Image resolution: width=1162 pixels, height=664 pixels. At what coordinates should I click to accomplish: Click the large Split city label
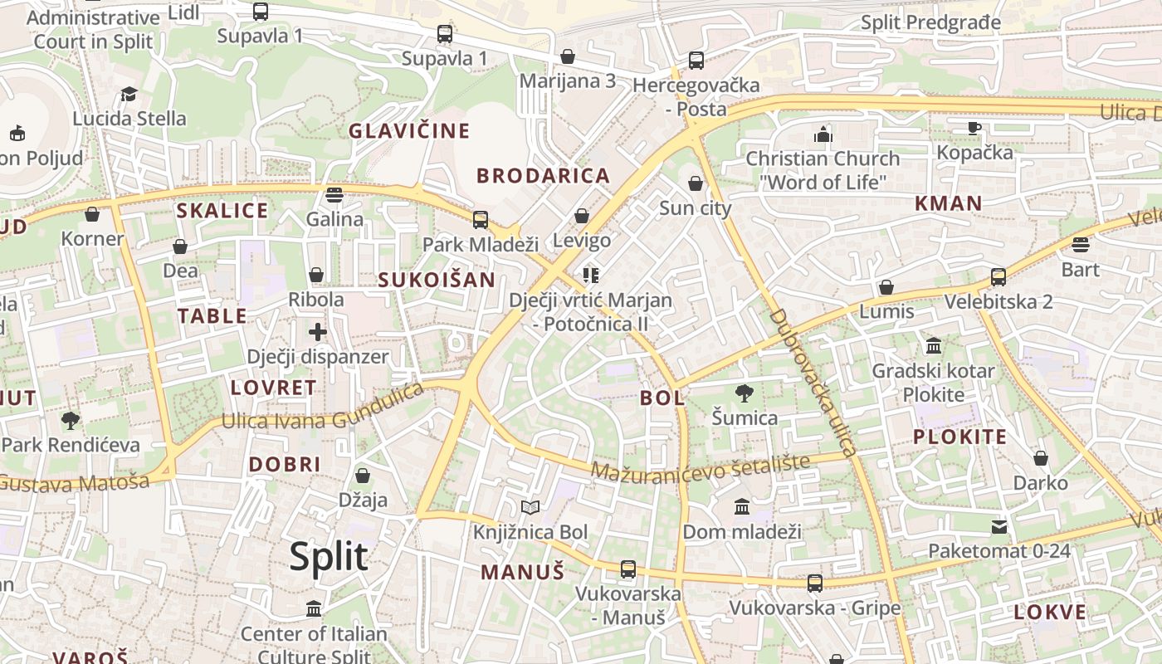pyautogui.click(x=329, y=556)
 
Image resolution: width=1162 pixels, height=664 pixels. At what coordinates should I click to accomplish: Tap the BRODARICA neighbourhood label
pyautogui.click(x=543, y=175)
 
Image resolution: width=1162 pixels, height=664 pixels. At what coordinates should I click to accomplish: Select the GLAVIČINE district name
pyautogui.click(x=409, y=131)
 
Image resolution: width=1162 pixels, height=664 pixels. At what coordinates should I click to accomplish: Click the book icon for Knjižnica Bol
pyautogui.click(x=530, y=507)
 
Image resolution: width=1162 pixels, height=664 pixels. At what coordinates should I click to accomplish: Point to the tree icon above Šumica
pyautogui.click(x=745, y=393)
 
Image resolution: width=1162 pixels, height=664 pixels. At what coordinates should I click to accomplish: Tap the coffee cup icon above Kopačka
pyautogui.click(x=974, y=128)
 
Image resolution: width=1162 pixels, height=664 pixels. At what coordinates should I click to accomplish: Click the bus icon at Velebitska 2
pyautogui.click(x=998, y=277)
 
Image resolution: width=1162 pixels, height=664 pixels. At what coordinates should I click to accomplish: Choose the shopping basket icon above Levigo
pyautogui.click(x=582, y=216)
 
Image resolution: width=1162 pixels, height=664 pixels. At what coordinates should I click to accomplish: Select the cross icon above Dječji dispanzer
pyautogui.click(x=317, y=332)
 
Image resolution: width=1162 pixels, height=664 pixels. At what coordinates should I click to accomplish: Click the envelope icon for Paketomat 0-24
pyautogui.click(x=999, y=526)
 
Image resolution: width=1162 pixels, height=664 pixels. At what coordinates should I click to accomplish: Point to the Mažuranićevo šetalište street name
pyautogui.click(x=700, y=468)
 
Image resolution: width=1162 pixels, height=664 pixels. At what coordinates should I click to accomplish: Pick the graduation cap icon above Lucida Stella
pyautogui.click(x=129, y=94)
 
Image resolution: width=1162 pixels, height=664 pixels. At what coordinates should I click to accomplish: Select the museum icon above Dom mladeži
pyautogui.click(x=742, y=506)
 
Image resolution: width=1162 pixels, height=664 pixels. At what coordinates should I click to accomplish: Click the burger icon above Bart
pyautogui.click(x=1080, y=245)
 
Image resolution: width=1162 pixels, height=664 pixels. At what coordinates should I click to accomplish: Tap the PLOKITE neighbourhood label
pyautogui.click(x=959, y=437)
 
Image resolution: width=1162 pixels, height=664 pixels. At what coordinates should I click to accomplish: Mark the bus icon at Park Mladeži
pyautogui.click(x=481, y=220)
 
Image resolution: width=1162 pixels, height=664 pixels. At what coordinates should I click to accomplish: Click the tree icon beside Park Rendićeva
pyautogui.click(x=71, y=421)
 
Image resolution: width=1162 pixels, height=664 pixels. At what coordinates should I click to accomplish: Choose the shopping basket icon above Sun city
pyautogui.click(x=696, y=183)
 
